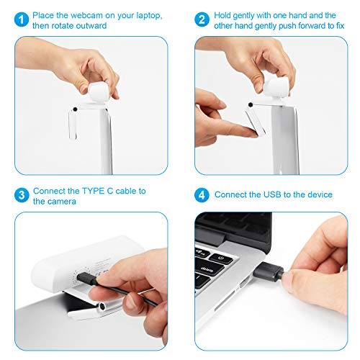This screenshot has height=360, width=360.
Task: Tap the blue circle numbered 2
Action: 203,19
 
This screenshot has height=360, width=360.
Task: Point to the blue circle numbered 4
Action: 203,195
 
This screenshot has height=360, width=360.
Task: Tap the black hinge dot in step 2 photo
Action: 250,104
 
